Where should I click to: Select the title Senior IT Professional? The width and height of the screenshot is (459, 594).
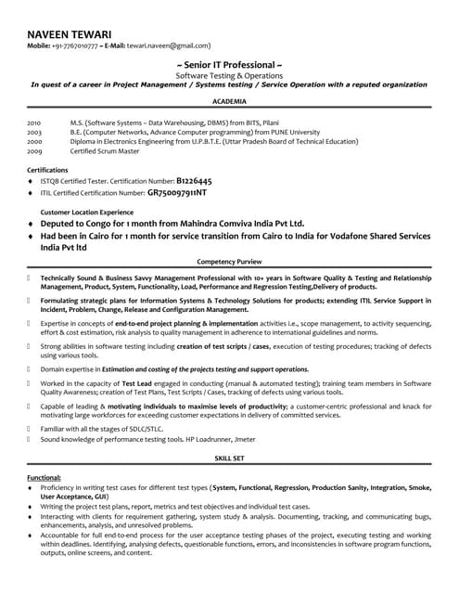229,65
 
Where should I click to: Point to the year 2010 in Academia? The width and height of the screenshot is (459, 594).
34,123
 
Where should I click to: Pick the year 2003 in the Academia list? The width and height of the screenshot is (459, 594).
34,132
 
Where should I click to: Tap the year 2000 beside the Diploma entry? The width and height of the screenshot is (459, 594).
34,140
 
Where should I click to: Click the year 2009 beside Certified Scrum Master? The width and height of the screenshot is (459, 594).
34,149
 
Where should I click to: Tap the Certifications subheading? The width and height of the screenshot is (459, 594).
47,170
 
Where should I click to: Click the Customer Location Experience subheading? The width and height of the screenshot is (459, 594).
85,213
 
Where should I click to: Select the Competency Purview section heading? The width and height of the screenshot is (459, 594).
229,263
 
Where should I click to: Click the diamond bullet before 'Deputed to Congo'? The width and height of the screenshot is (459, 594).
31,225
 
